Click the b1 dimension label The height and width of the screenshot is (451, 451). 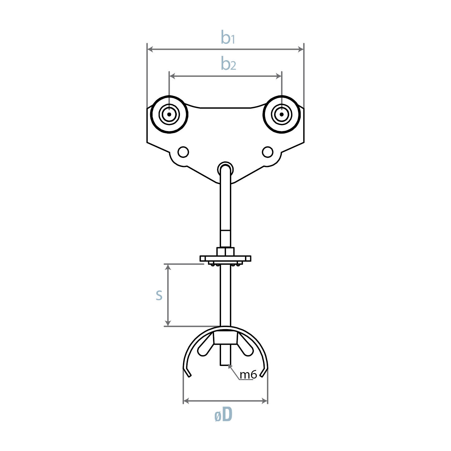pos(227,38)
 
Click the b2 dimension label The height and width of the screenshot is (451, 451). pos(228,64)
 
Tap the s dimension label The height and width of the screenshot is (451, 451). pos(159,295)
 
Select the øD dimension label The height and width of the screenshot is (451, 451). pos(224,415)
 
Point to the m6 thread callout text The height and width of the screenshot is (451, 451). pos(248,375)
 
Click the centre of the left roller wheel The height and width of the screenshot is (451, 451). pos(169,115)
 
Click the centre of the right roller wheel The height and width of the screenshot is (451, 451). pos(282,115)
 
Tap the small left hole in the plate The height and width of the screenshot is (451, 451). pos(183,152)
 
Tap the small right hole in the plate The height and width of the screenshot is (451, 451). pos(267,152)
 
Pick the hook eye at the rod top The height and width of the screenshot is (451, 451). pos(225,169)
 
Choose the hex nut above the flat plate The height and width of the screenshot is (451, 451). pos(225,252)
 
